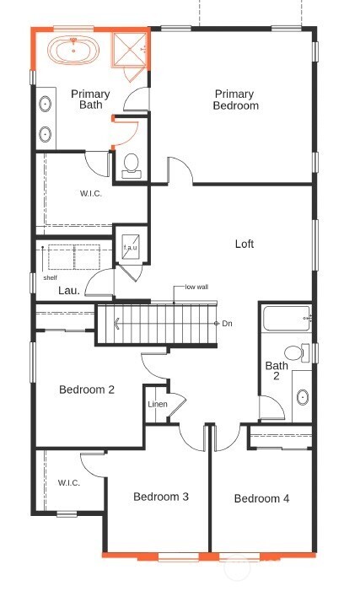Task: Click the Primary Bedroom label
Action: [x=236, y=99]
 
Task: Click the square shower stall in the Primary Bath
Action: [x=130, y=50]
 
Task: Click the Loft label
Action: [x=244, y=244]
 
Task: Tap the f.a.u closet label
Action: [x=131, y=248]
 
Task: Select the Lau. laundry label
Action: [x=69, y=291]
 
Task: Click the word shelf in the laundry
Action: [x=50, y=277]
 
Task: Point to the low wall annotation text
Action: [x=196, y=287]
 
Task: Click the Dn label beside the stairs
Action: [x=227, y=324]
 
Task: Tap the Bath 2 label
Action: [x=277, y=372]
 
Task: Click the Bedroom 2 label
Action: [x=87, y=390]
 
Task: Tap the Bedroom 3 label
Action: [x=160, y=497]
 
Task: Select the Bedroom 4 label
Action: [x=261, y=499]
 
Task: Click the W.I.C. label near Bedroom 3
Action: [x=69, y=483]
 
